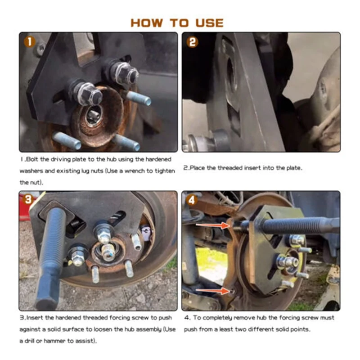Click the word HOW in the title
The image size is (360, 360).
point(147,23)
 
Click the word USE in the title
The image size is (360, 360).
point(209,23)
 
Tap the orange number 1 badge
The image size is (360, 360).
point(30,42)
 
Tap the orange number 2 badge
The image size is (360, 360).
point(193,42)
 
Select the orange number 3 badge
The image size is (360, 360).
point(28,199)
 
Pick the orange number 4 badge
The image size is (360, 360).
point(192,200)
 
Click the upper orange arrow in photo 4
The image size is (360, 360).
point(212,225)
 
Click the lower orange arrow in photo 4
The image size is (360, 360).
point(212,291)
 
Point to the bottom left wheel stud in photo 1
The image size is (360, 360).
point(67,140)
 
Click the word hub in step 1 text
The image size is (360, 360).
point(111,159)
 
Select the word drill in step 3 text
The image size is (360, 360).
point(30,341)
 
